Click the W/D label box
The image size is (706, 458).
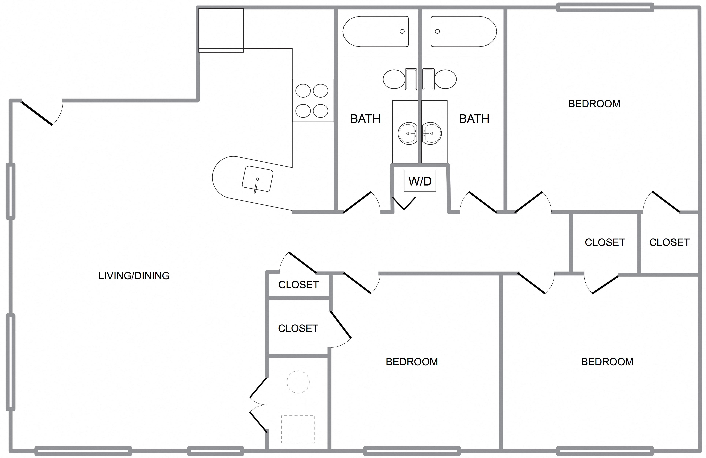coord(420,181)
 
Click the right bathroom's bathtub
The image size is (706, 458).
coord(463,32)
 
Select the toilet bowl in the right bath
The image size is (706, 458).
coord(445,79)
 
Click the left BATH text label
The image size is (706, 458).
coord(365,119)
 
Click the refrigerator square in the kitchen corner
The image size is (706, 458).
coord(221,29)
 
